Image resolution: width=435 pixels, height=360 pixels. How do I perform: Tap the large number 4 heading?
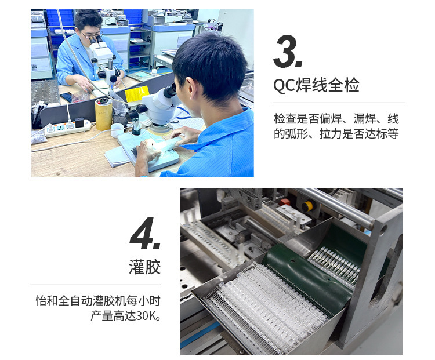144,235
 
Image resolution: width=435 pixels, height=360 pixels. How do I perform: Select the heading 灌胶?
144,267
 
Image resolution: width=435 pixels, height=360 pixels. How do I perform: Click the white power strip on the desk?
67,128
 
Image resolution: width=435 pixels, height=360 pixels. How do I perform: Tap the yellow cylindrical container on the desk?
104,114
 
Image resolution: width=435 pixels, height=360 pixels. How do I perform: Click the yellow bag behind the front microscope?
137,94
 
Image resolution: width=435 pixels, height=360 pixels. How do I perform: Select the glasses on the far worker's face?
90,35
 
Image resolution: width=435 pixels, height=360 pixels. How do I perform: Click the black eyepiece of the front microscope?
169,90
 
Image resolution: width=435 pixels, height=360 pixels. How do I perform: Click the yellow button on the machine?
307,206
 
